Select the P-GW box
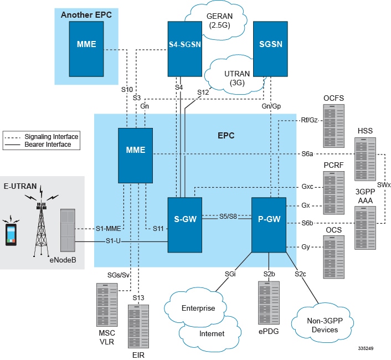click(x=269, y=218)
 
